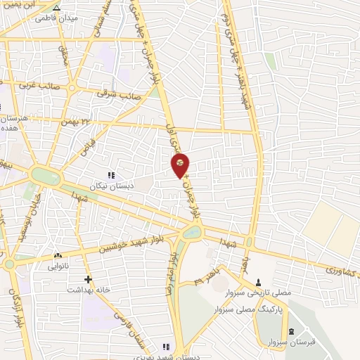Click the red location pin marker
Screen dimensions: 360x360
(181, 165)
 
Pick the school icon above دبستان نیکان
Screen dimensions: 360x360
(110, 174)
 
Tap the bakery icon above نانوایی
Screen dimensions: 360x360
(58, 256)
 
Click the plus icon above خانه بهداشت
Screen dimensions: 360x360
(88, 279)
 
